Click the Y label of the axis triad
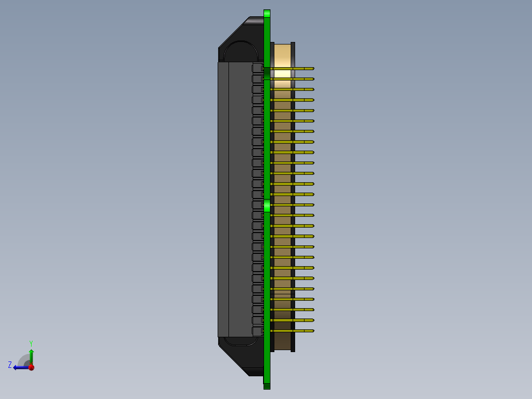tap(31, 342)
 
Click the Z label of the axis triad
tap(10, 364)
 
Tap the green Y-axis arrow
tap(31, 355)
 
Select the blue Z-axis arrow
tap(20, 367)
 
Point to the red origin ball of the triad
tap(31, 367)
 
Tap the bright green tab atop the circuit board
tap(267, 14)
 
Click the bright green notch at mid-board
tap(267, 205)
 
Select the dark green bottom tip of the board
tap(267, 386)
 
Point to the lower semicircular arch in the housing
tap(241, 341)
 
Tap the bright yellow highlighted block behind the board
tap(282, 74)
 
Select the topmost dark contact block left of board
tap(258, 68)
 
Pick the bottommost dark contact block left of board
tap(258, 330)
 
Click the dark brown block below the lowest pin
tap(282, 341)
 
